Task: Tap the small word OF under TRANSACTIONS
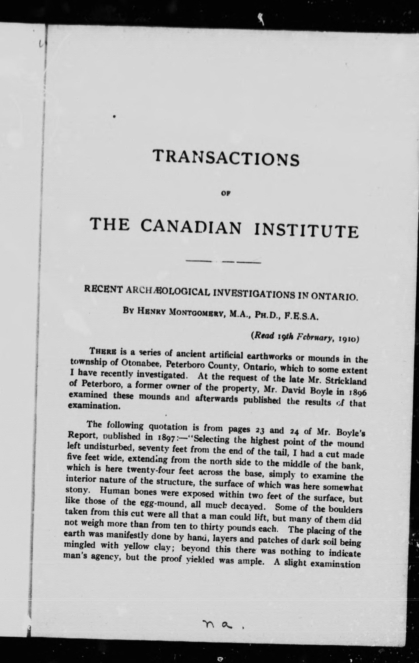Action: tap(226, 193)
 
